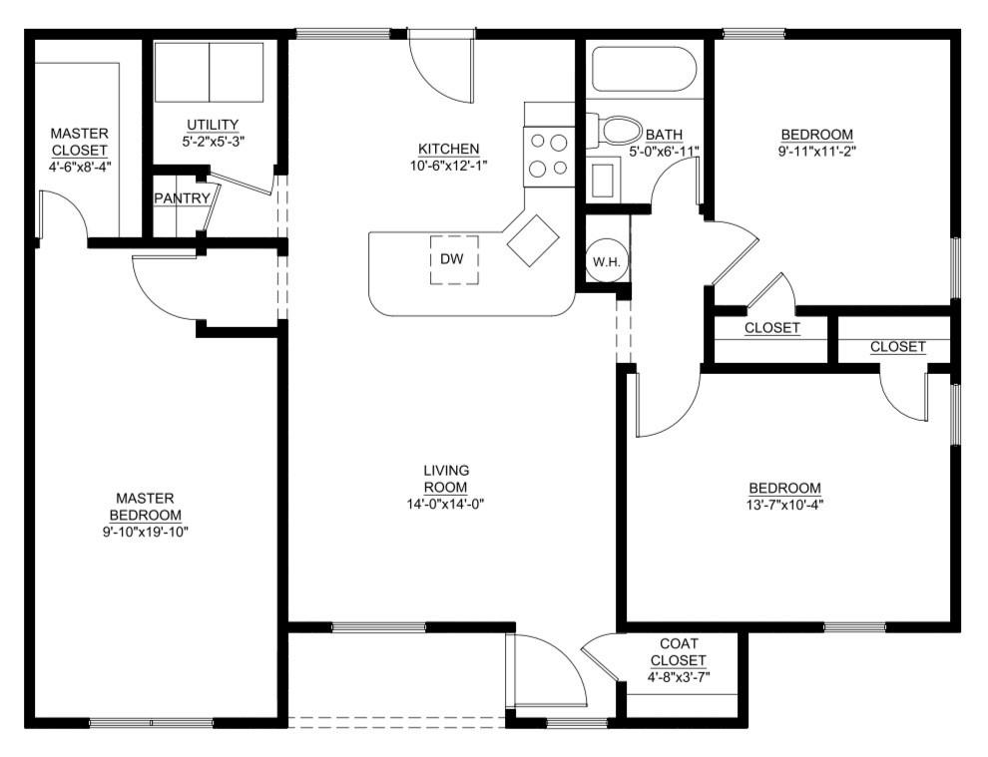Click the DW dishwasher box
point(454,259)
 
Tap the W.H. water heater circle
point(607,261)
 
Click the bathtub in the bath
point(644,69)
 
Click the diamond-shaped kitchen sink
point(533,239)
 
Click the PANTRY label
point(182,198)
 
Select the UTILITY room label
point(213,125)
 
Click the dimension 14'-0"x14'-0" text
point(446,504)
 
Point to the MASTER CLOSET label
point(79,142)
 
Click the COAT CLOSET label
point(678,652)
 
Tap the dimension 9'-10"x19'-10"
point(145,532)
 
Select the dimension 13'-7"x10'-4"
point(784,504)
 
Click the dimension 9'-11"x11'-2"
point(816,152)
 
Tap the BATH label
point(663,135)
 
